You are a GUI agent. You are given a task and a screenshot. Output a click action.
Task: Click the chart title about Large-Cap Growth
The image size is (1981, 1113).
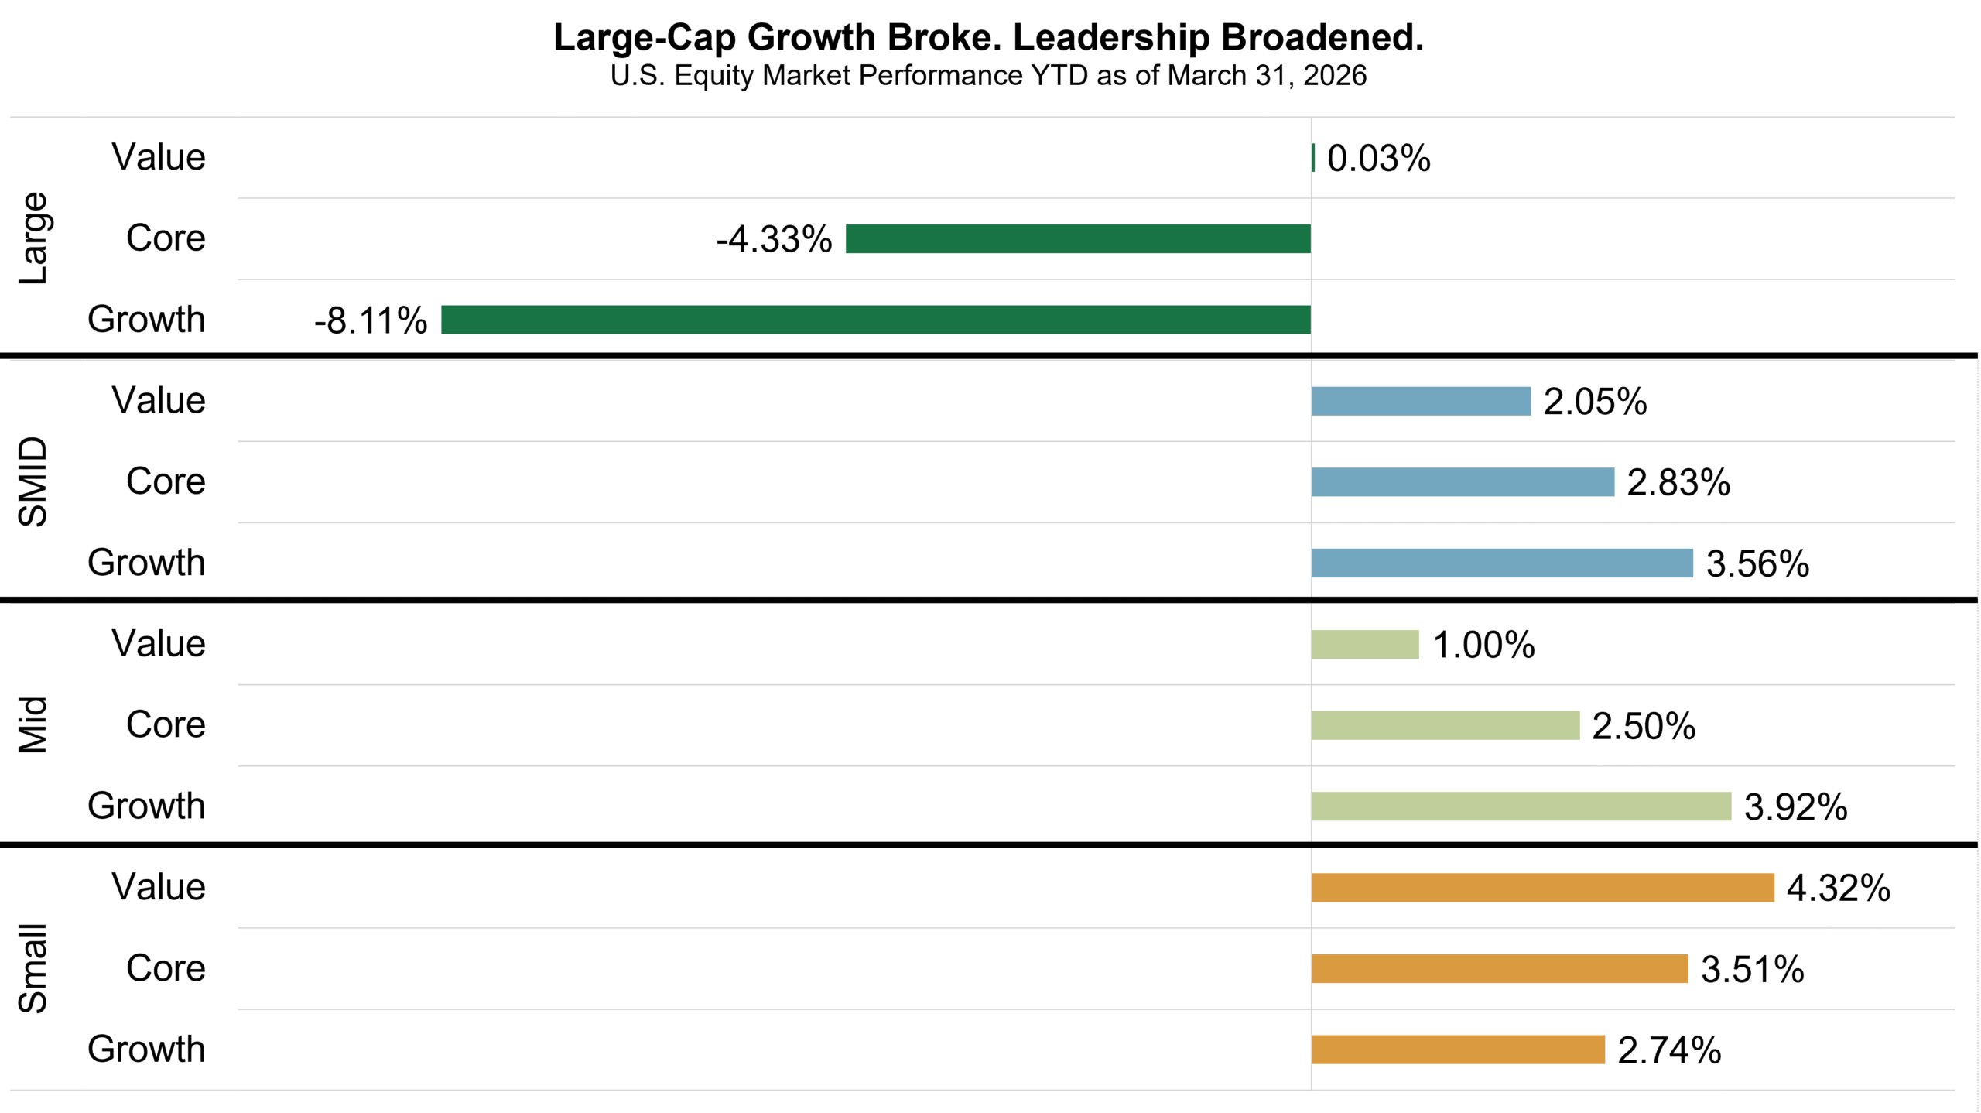[988, 37]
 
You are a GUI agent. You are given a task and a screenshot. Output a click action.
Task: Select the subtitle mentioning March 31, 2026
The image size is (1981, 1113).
[988, 76]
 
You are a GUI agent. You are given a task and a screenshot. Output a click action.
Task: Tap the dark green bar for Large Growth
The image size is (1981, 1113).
[875, 320]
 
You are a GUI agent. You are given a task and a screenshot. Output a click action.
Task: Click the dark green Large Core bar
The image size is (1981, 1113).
[1078, 238]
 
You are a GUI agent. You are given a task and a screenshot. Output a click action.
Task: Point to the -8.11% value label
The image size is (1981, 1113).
[371, 320]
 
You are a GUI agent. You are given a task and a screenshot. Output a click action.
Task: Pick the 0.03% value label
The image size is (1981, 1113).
[1378, 159]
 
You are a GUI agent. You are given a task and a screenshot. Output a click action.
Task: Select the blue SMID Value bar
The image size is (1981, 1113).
[1421, 401]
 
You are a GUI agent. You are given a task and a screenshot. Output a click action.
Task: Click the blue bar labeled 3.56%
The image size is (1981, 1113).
[1502, 563]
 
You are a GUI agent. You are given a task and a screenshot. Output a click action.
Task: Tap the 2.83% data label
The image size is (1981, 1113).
[1678, 483]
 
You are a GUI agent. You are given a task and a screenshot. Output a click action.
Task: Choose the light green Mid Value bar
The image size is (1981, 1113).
[1365, 644]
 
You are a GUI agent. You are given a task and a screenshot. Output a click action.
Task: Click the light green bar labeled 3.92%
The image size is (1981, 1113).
[1521, 806]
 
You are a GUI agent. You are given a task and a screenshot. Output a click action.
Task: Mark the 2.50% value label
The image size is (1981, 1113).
[1643, 726]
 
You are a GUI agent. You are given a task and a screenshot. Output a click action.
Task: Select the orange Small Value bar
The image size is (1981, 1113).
[1542, 887]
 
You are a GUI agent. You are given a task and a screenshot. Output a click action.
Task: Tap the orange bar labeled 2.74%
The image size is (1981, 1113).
[1458, 1050]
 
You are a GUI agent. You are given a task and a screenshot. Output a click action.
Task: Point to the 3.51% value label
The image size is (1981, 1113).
[1752, 969]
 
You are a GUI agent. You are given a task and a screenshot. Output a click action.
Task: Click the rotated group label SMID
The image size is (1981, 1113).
[33, 481]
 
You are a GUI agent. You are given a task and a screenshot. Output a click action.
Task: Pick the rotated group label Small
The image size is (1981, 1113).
[33, 968]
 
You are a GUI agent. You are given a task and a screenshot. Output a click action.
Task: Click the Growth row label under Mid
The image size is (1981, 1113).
[146, 806]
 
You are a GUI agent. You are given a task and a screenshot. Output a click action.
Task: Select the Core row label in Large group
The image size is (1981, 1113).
[166, 238]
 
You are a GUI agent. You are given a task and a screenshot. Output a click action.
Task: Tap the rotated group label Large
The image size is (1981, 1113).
[33, 238]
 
